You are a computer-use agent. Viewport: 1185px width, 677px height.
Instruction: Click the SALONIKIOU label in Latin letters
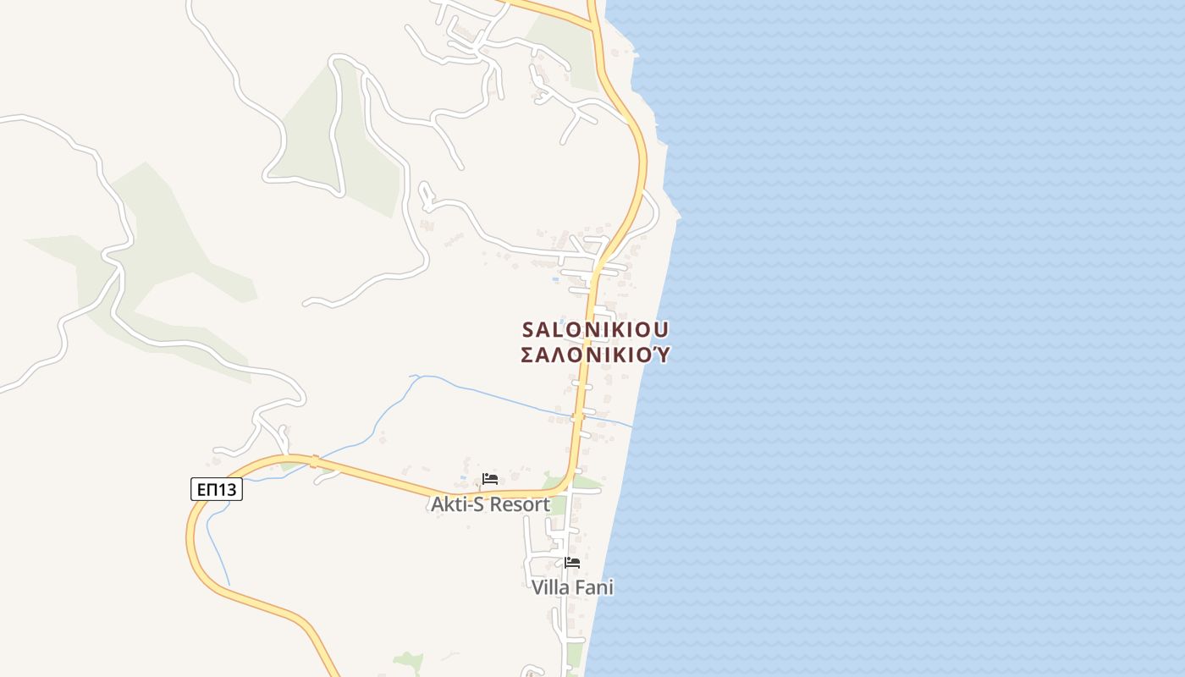point(596,328)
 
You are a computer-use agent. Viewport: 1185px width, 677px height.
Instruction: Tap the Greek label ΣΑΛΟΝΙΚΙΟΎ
point(596,355)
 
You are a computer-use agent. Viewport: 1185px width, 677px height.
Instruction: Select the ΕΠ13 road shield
point(216,489)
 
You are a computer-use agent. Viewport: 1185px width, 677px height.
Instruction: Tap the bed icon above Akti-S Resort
point(489,479)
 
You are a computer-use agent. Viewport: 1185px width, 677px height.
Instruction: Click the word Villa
point(551,587)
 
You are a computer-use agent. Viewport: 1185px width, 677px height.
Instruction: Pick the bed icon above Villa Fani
point(572,562)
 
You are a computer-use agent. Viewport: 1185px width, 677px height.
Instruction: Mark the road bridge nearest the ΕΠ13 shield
point(314,461)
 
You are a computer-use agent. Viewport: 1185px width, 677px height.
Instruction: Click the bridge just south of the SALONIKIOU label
point(579,416)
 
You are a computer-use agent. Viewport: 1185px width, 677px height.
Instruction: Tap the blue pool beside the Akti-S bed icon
point(464,478)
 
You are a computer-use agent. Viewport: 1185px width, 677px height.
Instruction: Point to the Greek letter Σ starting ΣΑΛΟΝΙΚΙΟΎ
point(527,355)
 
